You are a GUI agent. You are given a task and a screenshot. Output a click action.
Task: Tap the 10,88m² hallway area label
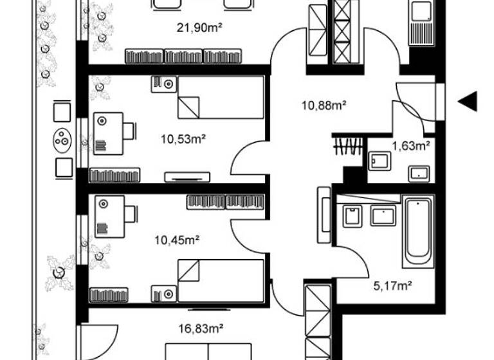325,105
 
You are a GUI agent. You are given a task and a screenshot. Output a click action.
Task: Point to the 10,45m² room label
178,240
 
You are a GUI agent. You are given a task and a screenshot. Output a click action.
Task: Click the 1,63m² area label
411,145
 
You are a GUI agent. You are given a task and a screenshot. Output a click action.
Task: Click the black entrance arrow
468,101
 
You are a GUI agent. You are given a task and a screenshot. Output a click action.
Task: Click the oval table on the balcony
63,140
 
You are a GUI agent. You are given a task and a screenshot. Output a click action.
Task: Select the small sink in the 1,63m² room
419,172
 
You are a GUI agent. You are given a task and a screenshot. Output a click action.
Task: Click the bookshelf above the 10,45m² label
225,202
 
